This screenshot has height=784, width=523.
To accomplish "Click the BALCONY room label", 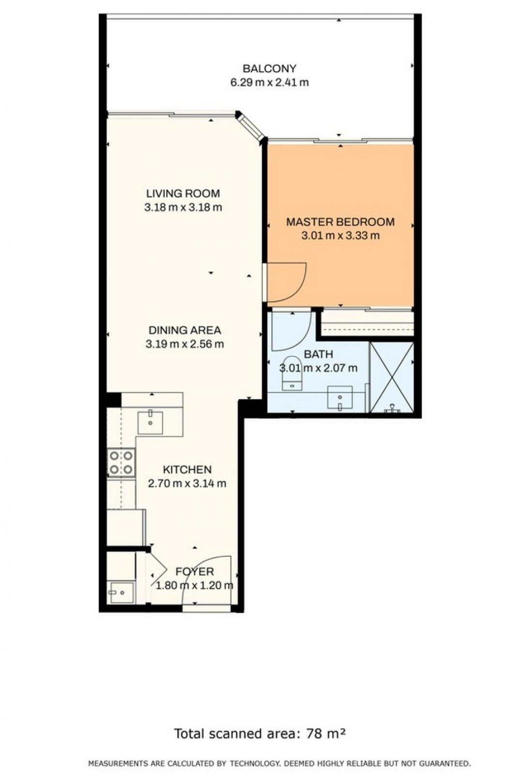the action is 269,68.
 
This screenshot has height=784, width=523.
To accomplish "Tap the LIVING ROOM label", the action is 183,193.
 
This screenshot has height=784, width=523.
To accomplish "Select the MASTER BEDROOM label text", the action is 340,222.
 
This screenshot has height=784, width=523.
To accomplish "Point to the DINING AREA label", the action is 185,330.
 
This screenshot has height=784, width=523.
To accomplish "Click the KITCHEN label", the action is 187,469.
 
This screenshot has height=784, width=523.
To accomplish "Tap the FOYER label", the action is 194,571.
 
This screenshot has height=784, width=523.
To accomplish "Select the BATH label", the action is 318,354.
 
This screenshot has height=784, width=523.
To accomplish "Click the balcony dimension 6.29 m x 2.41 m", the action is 269,83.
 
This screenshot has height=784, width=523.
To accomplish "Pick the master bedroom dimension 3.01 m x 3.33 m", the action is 340,235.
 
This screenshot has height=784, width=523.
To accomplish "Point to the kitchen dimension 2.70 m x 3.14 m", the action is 187,483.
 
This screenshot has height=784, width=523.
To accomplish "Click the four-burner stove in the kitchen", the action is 121,462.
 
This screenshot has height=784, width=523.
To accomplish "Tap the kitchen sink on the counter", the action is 150,423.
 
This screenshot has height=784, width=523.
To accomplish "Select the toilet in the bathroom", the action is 292,373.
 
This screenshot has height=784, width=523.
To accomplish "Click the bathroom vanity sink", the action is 339,398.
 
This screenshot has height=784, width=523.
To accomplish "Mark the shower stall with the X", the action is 392,377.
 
